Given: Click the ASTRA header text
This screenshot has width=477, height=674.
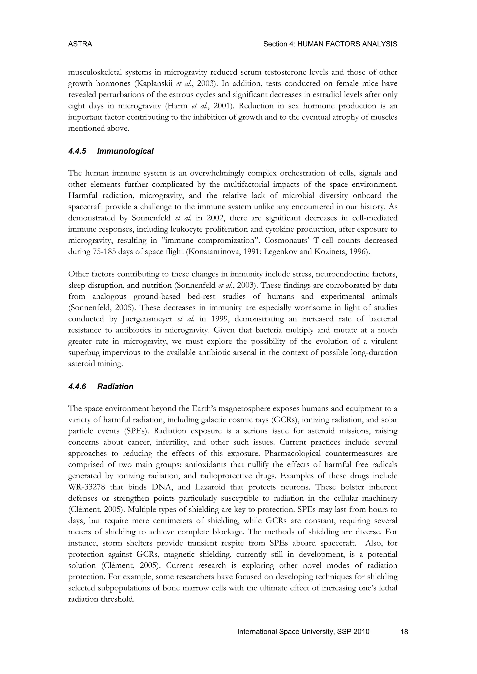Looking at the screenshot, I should point(80,44).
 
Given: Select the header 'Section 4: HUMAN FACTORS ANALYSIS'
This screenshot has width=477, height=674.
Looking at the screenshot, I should point(330,44).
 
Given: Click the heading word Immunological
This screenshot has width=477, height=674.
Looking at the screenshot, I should point(125,151).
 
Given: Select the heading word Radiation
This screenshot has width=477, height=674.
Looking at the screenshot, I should point(115,387).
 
